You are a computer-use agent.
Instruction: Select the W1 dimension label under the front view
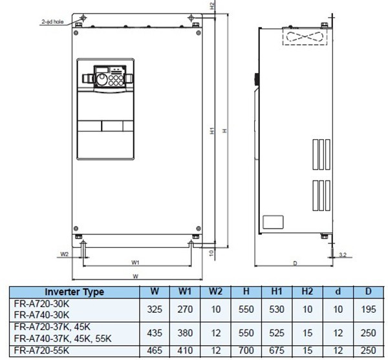tap(135, 263)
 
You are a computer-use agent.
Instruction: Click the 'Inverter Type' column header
tap(74, 292)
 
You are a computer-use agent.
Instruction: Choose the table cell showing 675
tap(276, 350)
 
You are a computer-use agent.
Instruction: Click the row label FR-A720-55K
tap(41, 350)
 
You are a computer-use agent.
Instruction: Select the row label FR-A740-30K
tap(41, 315)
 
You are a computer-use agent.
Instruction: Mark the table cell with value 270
tap(185, 309)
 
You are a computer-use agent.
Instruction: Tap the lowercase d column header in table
tap(338, 292)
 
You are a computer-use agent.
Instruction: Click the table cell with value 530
tap(276, 309)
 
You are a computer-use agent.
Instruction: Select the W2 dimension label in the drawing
tap(64, 254)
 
